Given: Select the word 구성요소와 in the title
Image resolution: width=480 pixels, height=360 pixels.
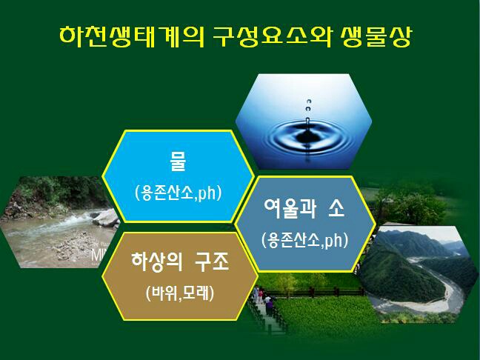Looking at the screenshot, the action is pos(272,37).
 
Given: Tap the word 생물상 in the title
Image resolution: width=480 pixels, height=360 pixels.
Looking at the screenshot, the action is pos(375,37).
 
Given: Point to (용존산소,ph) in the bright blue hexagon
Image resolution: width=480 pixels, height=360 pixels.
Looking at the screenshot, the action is pos(178,193).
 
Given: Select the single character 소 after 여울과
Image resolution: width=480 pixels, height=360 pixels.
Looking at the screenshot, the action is pos(336,208).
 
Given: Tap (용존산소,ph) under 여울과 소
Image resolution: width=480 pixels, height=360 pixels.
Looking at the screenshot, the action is pos(305,241).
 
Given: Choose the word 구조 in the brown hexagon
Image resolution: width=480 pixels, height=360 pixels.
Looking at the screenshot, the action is pos(212,262).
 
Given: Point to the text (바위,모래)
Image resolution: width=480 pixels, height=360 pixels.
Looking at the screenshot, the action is pos(180,294).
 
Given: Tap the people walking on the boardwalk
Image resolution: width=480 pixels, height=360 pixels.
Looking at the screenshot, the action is pos(263,299).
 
